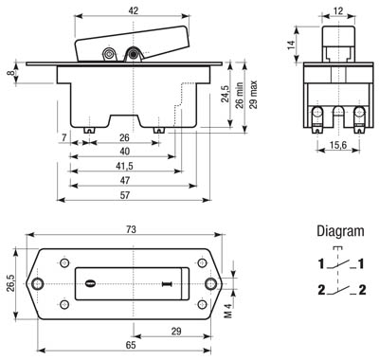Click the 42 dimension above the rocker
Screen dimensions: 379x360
pos(134,10)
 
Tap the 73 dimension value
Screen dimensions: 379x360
pos(131,229)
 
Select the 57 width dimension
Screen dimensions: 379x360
pos(125,195)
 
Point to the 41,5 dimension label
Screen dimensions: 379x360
pos(124,166)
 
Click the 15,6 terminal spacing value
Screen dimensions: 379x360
pos(338,145)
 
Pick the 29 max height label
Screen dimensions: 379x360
pos(253,95)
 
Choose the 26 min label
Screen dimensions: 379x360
pos(240,96)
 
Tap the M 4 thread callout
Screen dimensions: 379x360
pos(228,310)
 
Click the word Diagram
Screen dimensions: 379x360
pos(340,231)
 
